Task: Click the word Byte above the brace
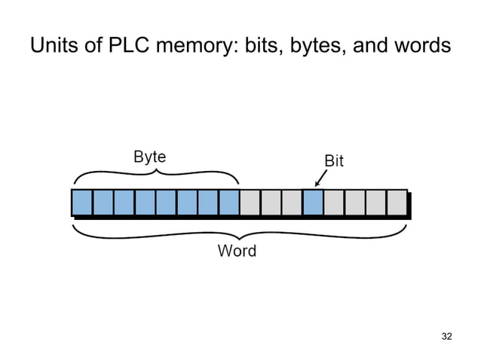pos(149,157)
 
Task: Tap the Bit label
pos(333,161)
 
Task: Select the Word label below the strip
pos(237,251)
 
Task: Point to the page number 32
pos(446,335)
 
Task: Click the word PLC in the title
pos(124,47)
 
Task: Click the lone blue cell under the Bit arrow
pos(313,203)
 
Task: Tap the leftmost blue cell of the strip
pos(81,203)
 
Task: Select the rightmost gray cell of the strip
pos(397,203)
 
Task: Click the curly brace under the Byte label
pos(156,175)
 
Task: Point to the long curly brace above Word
pos(240,232)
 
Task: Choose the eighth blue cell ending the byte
pos(229,203)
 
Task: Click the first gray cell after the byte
pos(250,203)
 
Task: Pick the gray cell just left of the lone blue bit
pos(293,203)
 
